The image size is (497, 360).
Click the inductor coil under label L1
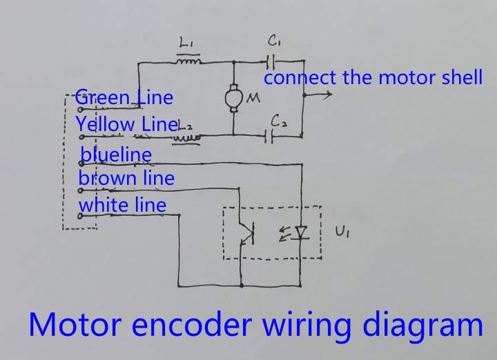tap(188, 62)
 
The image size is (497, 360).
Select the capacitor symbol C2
tap(270, 136)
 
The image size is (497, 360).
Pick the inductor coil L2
tap(186, 137)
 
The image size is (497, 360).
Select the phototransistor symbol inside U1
tap(246, 233)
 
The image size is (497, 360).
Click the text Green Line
tap(124, 97)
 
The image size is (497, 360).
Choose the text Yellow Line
tap(127, 124)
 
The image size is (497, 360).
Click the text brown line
tap(126, 178)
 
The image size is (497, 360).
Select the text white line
tap(122, 204)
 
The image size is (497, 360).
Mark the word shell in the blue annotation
tap(461, 77)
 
